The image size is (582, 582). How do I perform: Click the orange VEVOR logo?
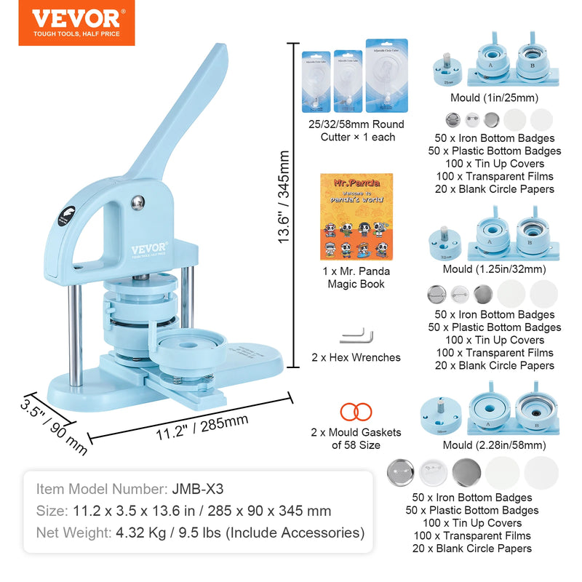pos(76,26)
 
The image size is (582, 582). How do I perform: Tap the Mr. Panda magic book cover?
pos(356,217)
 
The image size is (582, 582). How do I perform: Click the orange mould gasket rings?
pos(356,410)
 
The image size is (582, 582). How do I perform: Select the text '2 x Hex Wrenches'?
pos(356,358)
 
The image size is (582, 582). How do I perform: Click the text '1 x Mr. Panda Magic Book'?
pos(356,277)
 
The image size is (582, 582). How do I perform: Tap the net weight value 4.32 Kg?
pos(133,533)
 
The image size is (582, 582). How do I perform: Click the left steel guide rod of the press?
pos(74,327)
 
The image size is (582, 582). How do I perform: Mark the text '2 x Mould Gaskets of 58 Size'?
pos(356,439)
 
